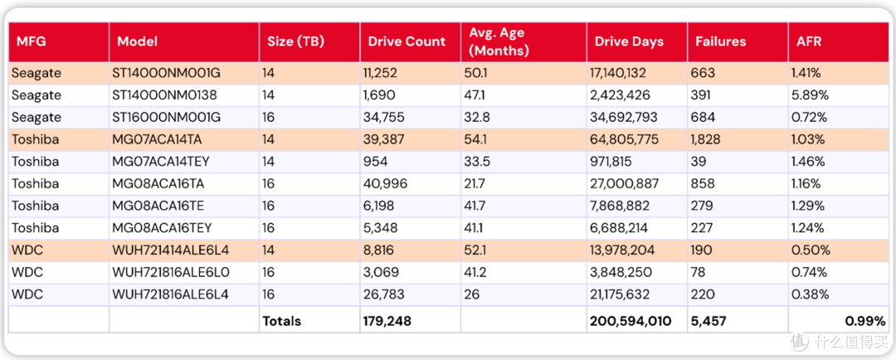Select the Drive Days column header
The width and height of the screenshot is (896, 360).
pos(629,41)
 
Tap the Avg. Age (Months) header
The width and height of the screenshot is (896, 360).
pos(499,41)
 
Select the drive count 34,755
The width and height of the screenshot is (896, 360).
pos(384,117)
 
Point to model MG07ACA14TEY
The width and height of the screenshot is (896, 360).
pos(161,162)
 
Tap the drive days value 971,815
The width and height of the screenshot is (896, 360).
pos(611,162)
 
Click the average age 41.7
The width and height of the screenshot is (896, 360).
pos(476,206)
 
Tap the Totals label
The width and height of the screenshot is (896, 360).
pos(282,321)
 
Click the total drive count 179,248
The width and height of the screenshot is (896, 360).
pos(387,321)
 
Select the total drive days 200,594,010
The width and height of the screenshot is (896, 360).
pos(631,321)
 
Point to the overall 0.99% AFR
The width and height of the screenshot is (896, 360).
pos(865,321)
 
